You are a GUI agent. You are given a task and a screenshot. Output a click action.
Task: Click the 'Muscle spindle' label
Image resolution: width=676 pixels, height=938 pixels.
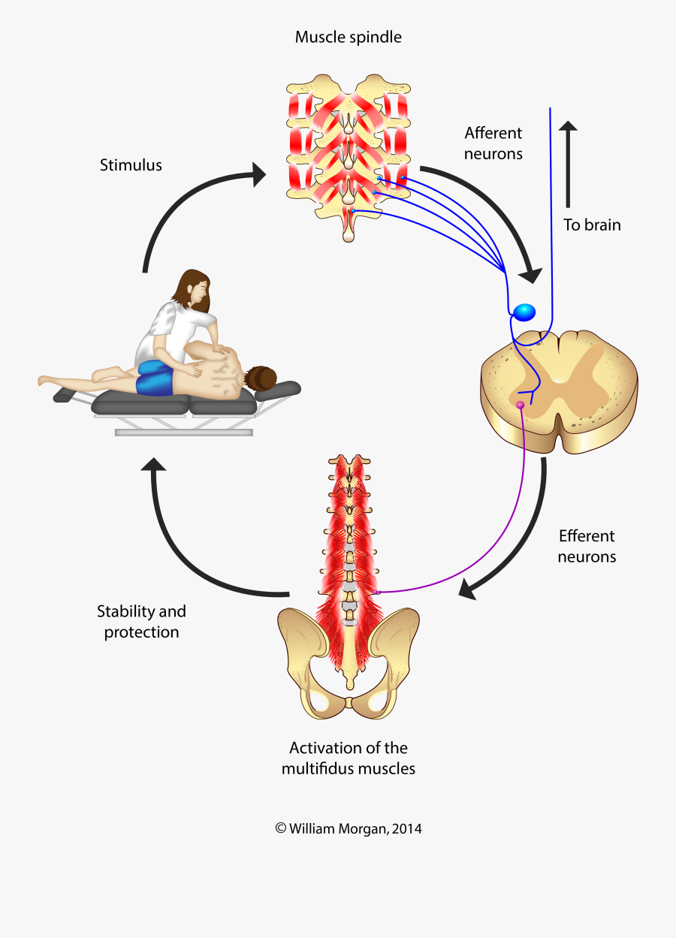coord(348,37)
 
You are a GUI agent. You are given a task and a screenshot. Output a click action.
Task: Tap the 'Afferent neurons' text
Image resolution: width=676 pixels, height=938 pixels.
coord(493,143)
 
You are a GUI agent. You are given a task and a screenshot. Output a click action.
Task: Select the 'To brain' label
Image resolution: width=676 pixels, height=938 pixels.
coord(592,225)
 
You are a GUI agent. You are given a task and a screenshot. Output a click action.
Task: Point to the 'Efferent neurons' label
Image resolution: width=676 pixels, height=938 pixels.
coord(587,546)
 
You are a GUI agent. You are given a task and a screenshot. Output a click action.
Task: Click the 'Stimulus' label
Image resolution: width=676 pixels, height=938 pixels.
coord(131,164)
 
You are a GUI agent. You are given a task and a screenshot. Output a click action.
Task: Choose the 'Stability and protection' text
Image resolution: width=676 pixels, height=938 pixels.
coord(141,621)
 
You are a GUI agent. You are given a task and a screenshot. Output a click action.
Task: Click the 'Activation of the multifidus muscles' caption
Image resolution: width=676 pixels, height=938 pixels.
coord(348,758)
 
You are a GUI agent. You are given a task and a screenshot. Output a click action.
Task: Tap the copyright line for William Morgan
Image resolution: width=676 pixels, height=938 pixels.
coord(348,829)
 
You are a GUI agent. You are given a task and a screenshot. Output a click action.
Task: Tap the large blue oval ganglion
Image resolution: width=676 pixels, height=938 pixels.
coord(524,311)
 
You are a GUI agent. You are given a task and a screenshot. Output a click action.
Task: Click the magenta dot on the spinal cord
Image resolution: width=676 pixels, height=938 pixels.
coord(520,406)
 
